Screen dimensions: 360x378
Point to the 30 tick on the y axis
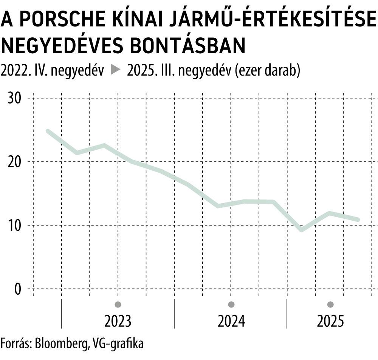click(15, 98)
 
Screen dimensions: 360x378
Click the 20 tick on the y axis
click(15, 162)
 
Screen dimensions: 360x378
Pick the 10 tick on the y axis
click(15, 226)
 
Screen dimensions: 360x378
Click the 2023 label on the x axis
click(118, 321)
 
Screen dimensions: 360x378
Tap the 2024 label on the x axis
click(231, 321)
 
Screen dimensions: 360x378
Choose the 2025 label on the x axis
click(330, 321)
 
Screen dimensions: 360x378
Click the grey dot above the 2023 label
click(118, 304)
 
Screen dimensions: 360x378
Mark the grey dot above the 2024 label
click(231, 304)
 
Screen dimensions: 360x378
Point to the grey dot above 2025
click(330, 304)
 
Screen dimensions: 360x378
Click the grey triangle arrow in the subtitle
click(115, 70)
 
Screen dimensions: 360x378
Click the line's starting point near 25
click(48, 131)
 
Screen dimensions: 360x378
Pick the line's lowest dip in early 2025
click(301, 230)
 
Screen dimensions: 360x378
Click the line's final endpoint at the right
click(358, 219)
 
